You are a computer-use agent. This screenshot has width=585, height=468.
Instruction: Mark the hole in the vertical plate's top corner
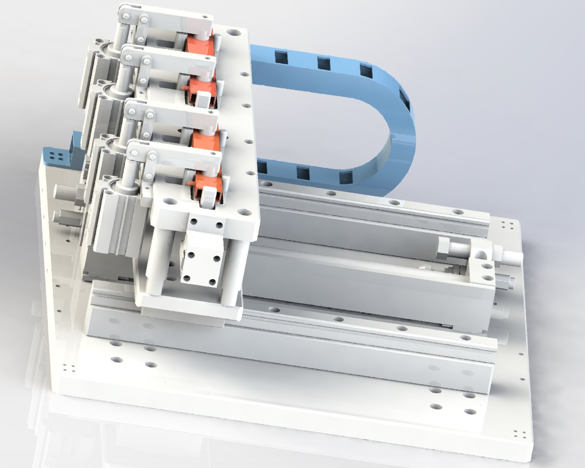pyautogui.click(x=234, y=32)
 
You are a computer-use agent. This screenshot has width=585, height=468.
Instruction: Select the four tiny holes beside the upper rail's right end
pyautogui.click(x=507, y=226)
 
